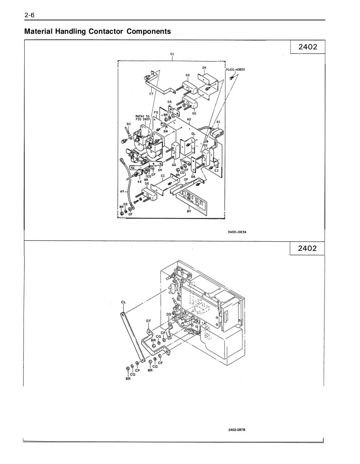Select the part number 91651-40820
[236, 69]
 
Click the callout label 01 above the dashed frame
[173, 54]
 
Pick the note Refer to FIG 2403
[143, 117]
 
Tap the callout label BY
[189, 211]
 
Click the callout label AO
[189, 119]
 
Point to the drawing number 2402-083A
[237, 232]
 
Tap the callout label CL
[123, 301]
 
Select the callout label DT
[148, 321]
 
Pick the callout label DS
[169, 314]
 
